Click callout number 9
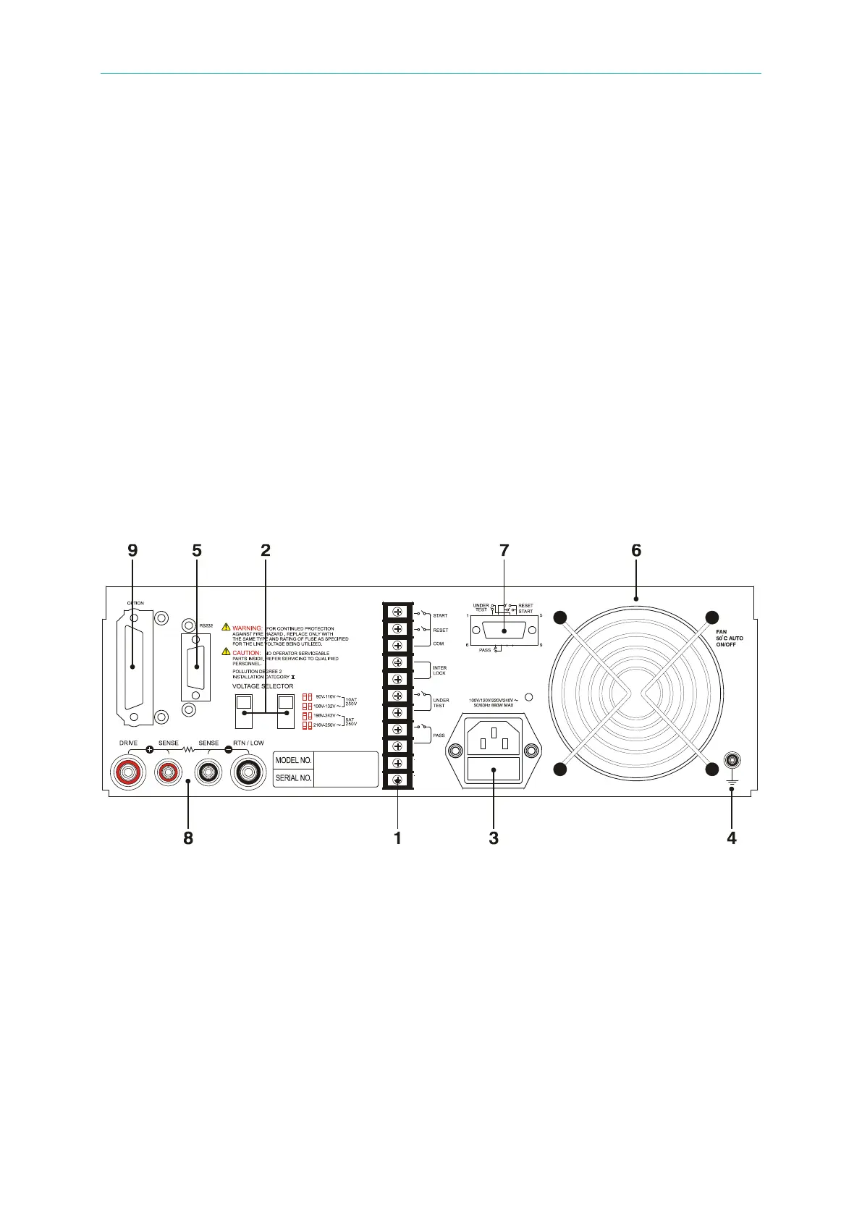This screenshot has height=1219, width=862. click(132, 550)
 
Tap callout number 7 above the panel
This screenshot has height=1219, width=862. click(504, 550)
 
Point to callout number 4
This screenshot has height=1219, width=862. click(732, 838)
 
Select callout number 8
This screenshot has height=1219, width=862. click(188, 838)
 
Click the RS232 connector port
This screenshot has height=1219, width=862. click(195, 666)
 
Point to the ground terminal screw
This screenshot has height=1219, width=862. click(732, 760)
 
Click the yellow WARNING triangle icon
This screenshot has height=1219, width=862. click(226, 628)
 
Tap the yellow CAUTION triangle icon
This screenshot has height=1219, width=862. click(226, 653)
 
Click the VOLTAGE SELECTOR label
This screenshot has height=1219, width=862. click(263, 686)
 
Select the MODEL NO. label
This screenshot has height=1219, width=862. click(293, 760)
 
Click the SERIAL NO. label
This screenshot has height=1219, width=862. click(293, 778)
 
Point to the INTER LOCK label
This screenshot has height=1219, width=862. click(439, 670)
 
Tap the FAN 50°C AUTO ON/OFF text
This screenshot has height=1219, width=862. click(730, 638)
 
